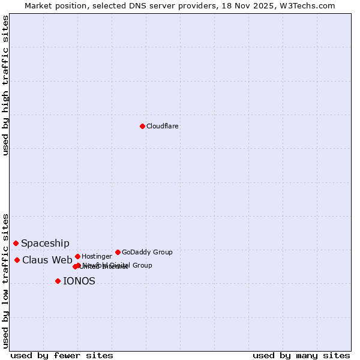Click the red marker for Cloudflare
[142, 126]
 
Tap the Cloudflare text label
[162, 126]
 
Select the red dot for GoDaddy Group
[118, 252]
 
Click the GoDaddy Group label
[147, 252]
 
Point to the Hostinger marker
[77, 256]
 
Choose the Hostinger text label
[97, 256]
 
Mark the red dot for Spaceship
[16, 243]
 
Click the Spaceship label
[45, 243]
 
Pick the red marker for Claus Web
[17, 260]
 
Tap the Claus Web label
[47, 260]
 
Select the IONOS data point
[58, 281]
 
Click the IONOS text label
[79, 281]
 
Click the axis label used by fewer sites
[62, 355]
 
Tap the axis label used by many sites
[301, 355]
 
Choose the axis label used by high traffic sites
[5, 86]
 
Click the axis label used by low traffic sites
[5, 280]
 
